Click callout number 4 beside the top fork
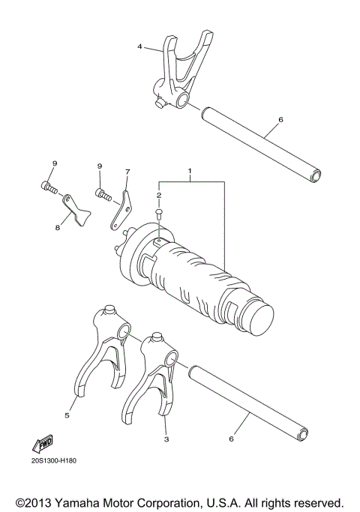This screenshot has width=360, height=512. [x=139, y=46]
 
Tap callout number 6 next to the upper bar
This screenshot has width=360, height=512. [x=280, y=119]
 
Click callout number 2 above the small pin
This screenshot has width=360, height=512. [x=159, y=195]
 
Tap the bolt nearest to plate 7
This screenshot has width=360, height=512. [x=102, y=195]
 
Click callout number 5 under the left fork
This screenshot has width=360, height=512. [x=67, y=415]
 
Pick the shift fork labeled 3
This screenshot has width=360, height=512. [x=156, y=375]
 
